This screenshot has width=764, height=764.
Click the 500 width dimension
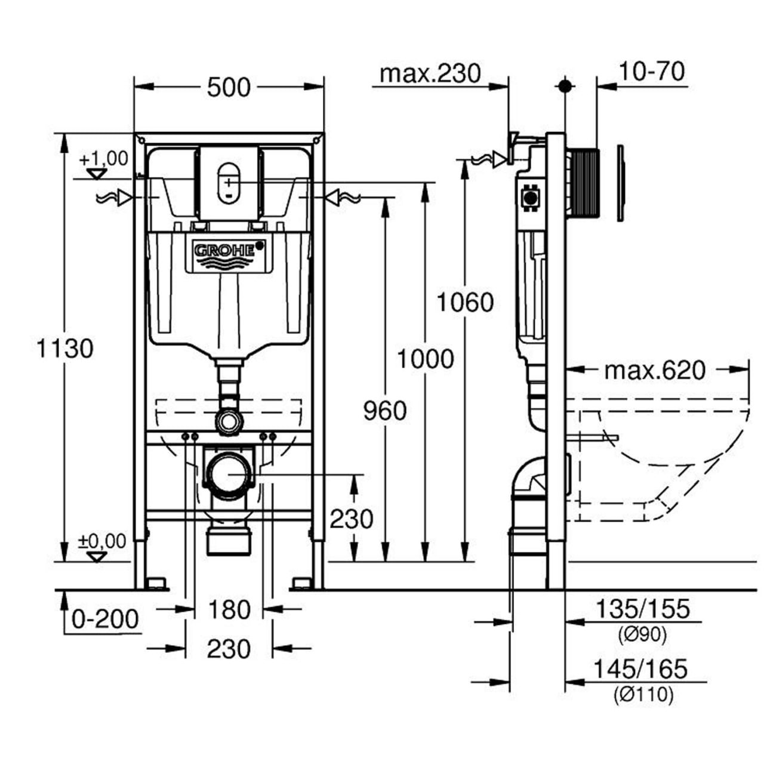pos(229,88)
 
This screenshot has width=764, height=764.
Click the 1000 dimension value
pos(426,359)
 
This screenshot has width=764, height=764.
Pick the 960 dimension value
pos(385,411)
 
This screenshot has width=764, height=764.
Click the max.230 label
pos(430,73)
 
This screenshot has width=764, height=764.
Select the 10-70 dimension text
pos(651,72)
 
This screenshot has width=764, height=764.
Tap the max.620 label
pos(655,371)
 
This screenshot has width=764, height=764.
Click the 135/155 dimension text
pos(643,609)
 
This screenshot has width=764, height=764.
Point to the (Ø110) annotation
pos(643,694)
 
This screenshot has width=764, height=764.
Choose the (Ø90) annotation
pos(643,635)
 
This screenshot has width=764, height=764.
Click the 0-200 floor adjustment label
pos(105,620)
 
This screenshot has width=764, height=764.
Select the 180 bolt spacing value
pos(229,610)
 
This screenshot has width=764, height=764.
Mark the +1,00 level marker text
pos(104,159)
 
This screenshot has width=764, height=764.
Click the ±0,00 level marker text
pos(103,541)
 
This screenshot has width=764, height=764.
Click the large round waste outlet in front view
pos(229,475)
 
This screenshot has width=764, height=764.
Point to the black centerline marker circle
pos(565,86)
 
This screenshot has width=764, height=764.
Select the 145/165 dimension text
pos(640,668)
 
